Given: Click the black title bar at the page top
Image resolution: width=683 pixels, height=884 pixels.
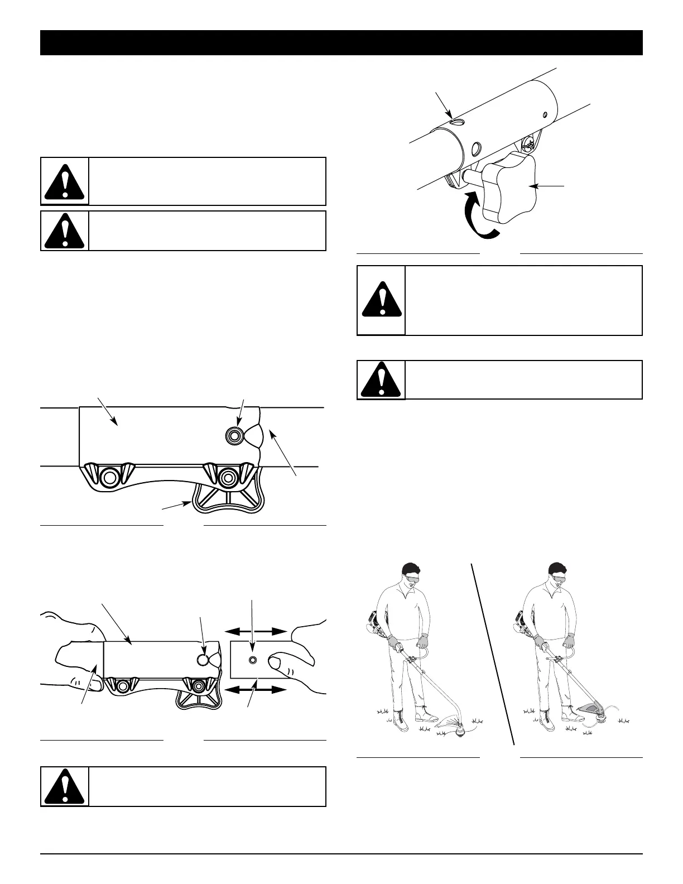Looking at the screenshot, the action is point(341,43).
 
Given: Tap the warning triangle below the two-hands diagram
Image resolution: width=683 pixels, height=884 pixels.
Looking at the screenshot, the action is point(65,786).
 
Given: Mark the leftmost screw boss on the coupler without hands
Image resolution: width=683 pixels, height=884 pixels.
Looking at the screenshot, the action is point(109,477).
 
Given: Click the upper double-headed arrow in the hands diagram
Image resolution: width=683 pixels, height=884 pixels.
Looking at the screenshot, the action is point(257,631).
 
